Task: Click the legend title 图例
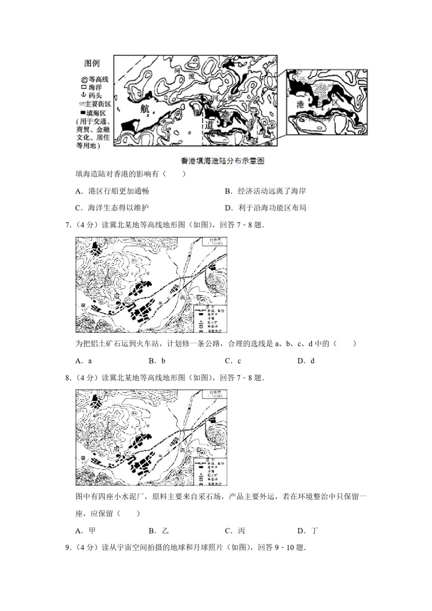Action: (92, 64)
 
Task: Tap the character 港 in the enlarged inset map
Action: (301, 104)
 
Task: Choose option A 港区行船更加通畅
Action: (112, 191)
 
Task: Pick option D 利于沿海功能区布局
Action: (266, 208)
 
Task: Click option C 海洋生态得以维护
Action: (112, 208)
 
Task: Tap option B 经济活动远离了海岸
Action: (266, 191)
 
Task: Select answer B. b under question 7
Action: (157, 361)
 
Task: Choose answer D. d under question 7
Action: (306, 361)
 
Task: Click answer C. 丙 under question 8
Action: (235, 531)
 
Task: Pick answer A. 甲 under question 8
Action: (86, 531)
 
